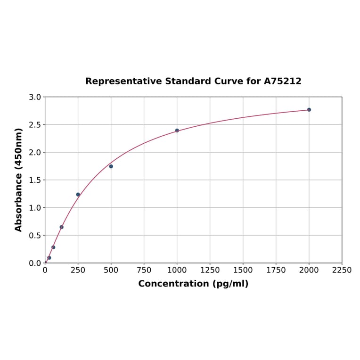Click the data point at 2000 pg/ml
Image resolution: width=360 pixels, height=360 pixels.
[309, 110]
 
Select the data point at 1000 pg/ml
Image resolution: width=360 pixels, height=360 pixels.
[177, 131]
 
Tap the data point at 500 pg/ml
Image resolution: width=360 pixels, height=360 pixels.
[111, 166]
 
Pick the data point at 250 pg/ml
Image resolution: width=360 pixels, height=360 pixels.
[78, 195]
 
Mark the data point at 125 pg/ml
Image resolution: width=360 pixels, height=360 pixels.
[62, 227]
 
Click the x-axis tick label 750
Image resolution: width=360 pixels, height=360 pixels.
[144, 270]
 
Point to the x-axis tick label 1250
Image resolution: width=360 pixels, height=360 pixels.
[210, 270]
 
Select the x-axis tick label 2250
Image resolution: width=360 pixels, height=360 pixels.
[342, 270]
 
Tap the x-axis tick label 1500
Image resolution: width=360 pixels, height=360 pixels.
[243, 270]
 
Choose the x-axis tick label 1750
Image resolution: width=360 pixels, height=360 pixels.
[276, 270]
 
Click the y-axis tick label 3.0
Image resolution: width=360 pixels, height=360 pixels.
[35, 97]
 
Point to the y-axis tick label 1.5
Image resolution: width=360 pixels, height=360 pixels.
[35, 180]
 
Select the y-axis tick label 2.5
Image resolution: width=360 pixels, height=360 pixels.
[35, 125]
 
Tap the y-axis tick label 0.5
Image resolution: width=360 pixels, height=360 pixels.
[35, 236]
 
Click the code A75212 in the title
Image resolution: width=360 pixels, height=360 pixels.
[282, 82]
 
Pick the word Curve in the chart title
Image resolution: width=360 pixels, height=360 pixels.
[228, 82]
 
